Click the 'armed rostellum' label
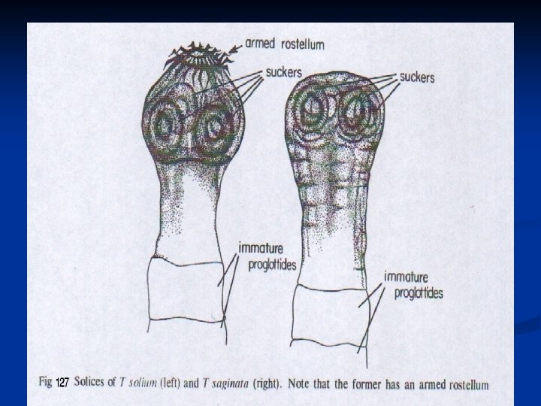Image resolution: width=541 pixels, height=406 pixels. click(x=285, y=44)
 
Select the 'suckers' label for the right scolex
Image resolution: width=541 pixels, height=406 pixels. click(x=417, y=77)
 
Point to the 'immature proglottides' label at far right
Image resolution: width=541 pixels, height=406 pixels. click(x=413, y=284)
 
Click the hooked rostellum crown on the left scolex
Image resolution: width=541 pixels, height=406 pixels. click(x=197, y=54)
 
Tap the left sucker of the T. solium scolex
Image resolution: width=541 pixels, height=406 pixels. click(x=165, y=125)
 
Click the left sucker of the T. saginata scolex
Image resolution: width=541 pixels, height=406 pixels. click(x=310, y=112)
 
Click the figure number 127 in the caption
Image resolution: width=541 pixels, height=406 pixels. click(x=62, y=383)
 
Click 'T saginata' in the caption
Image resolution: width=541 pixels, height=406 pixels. click(x=237, y=383)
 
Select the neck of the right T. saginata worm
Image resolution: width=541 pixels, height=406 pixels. click(x=331, y=226)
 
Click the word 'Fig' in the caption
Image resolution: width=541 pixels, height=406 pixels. click(x=45, y=382)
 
